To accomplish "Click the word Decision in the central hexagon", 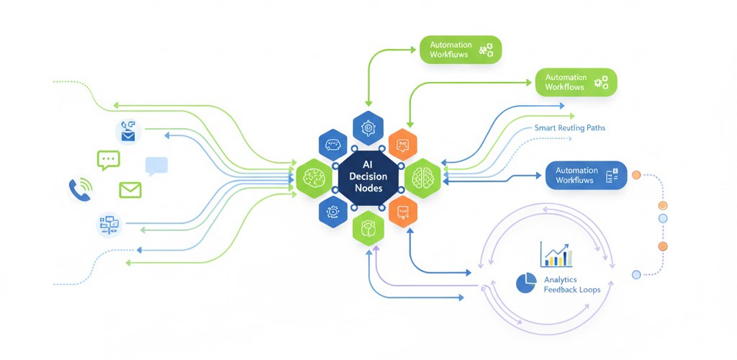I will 370,176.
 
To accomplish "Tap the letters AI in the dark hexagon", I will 370,164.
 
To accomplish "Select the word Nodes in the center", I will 369,189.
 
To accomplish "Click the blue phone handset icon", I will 79,189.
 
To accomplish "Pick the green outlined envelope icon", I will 130,190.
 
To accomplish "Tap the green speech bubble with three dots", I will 109,160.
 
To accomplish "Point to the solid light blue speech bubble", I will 156,166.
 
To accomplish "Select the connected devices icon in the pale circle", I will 109,225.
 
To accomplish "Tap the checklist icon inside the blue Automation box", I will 612,175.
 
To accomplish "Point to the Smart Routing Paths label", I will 569,128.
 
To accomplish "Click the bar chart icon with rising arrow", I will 556,254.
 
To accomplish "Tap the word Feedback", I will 558,291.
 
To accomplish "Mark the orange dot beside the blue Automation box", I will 636,175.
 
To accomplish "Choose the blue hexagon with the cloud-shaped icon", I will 333,145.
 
